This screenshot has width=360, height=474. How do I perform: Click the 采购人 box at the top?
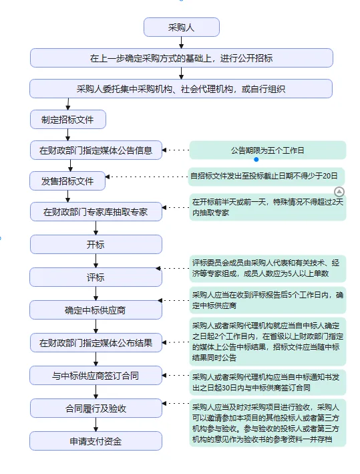tap(181, 27)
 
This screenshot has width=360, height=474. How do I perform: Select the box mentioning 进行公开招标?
tap(181, 58)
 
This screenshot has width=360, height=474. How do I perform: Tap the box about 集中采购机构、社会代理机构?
tap(181, 88)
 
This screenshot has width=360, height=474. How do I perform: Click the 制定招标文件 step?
tap(68, 120)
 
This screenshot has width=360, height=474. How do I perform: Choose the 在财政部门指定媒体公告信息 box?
tap(96, 150)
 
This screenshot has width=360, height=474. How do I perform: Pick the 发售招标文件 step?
tap(68, 181)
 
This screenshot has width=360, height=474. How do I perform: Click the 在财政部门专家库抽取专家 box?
tap(96, 212)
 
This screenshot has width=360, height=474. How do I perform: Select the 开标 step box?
tap(96, 244)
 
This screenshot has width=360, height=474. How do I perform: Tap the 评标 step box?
tap(96, 277)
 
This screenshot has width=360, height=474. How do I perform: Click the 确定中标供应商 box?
tap(96, 310)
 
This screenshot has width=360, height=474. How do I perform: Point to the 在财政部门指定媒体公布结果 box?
tap(96, 344)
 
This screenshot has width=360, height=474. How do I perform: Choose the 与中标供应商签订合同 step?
tap(96, 376)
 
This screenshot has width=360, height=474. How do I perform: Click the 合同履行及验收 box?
tap(96, 408)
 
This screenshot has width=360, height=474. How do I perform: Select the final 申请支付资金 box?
tap(96, 441)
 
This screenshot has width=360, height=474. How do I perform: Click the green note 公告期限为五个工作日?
tap(267, 150)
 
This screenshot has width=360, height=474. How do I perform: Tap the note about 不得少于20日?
tap(267, 176)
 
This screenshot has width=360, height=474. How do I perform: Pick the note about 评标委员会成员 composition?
tap(267, 269)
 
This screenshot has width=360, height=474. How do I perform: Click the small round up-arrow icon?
tap(339, 172)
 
